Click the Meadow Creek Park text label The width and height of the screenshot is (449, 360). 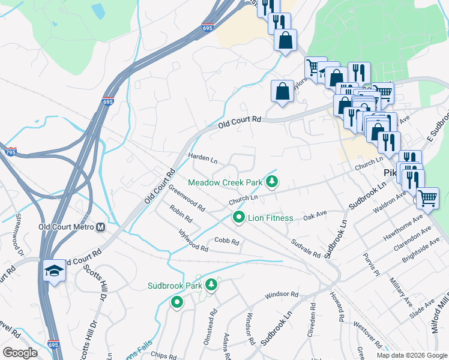226,182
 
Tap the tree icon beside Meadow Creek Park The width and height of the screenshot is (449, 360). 273,181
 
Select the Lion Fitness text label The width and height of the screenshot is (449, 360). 271,218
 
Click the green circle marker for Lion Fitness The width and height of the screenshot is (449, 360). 238,218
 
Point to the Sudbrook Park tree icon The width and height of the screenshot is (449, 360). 211,286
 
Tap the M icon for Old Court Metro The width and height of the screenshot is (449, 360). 101,227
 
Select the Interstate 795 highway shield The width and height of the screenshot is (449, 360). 10,151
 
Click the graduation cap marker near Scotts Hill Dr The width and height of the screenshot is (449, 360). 55,271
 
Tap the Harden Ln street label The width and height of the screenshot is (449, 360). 202,158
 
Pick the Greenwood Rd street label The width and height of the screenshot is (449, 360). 186,199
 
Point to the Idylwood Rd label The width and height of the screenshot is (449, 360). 193,239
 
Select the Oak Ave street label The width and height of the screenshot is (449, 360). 315,214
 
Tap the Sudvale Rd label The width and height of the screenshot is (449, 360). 306,248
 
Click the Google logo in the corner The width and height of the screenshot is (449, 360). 20,353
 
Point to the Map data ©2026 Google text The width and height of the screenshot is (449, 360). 412,355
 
